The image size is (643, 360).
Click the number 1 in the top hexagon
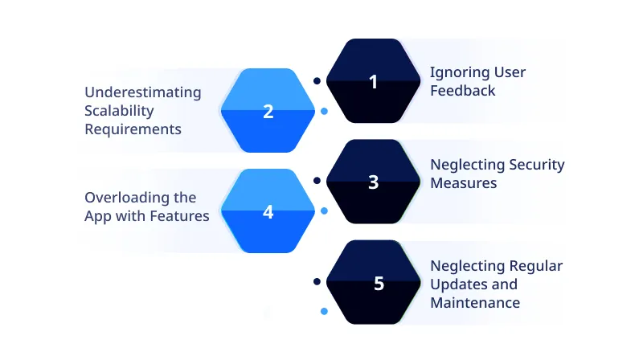click(x=373, y=81)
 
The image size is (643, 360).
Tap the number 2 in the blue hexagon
click(x=268, y=112)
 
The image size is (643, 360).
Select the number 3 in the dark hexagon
click(x=373, y=182)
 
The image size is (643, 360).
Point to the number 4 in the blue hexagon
click(x=268, y=212)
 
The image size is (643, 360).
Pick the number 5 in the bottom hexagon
click(x=379, y=284)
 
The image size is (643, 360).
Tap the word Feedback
click(x=462, y=91)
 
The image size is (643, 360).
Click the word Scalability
click(x=119, y=111)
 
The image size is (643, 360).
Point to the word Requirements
click(x=133, y=129)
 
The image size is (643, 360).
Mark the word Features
click(x=182, y=215)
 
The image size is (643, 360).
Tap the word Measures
click(x=463, y=183)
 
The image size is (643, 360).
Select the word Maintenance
click(x=475, y=303)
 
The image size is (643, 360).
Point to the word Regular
click(x=536, y=266)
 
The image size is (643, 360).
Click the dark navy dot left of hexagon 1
click(x=317, y=80)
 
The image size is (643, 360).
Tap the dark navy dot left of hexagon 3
click(x=317, y=181)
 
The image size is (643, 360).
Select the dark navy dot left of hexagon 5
click(x=317, y=281)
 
